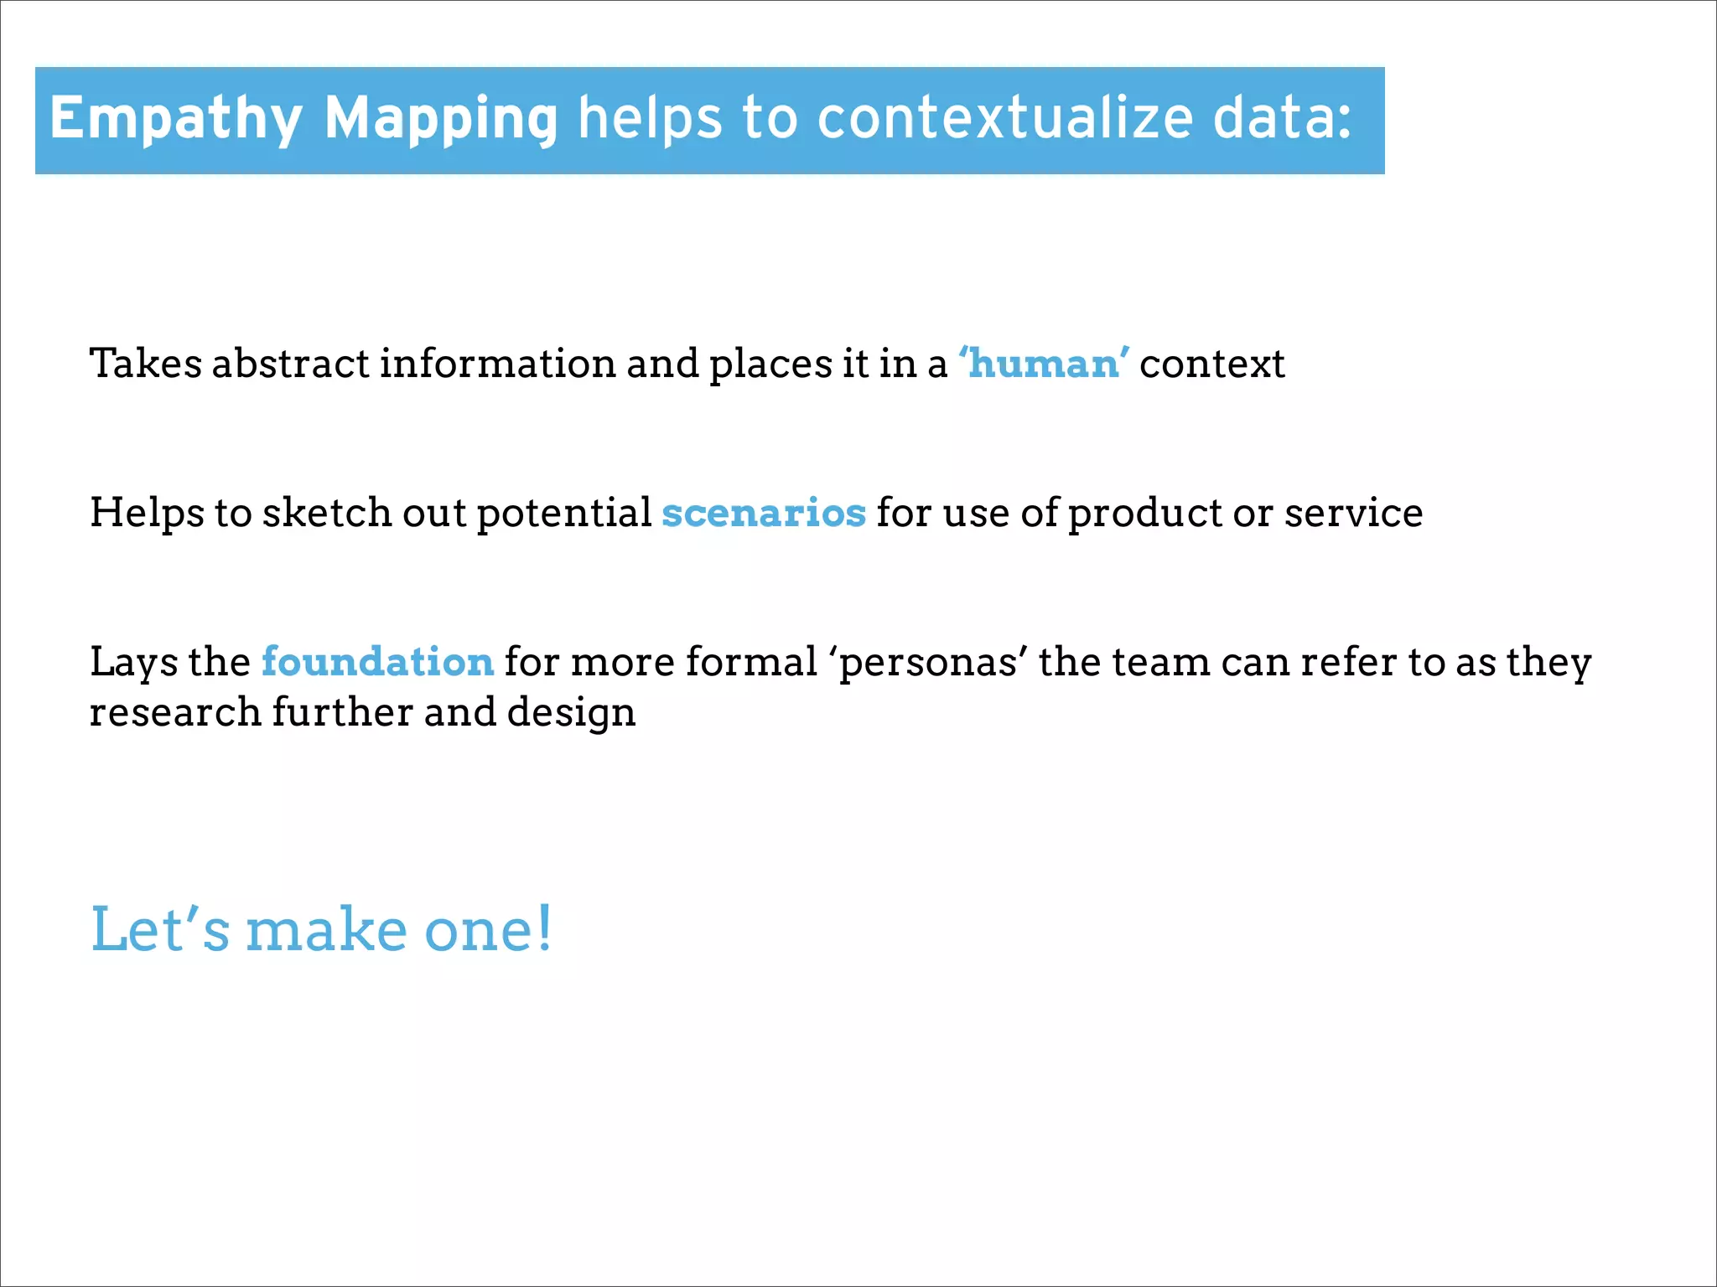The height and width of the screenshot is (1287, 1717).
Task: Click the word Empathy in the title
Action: pos(176,119)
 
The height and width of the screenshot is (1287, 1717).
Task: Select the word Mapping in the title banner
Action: pos(441,119)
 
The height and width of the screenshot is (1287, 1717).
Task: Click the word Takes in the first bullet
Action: pos(146,364)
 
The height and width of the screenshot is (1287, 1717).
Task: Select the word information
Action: pos(497,364)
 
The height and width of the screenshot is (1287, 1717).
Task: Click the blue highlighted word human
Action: pos(1044,364)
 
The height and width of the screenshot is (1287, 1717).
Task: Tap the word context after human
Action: pos(1211,364)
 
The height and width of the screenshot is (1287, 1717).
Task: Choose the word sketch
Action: pos(327,513)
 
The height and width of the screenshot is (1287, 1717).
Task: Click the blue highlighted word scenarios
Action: pos(764,513)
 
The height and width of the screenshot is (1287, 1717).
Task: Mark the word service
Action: pos(1353,513)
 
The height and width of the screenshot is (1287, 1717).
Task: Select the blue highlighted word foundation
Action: pos(377,662)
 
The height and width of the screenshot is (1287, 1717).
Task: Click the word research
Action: pos(175,712)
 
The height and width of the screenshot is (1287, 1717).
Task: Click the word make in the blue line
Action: pos(326,930)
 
